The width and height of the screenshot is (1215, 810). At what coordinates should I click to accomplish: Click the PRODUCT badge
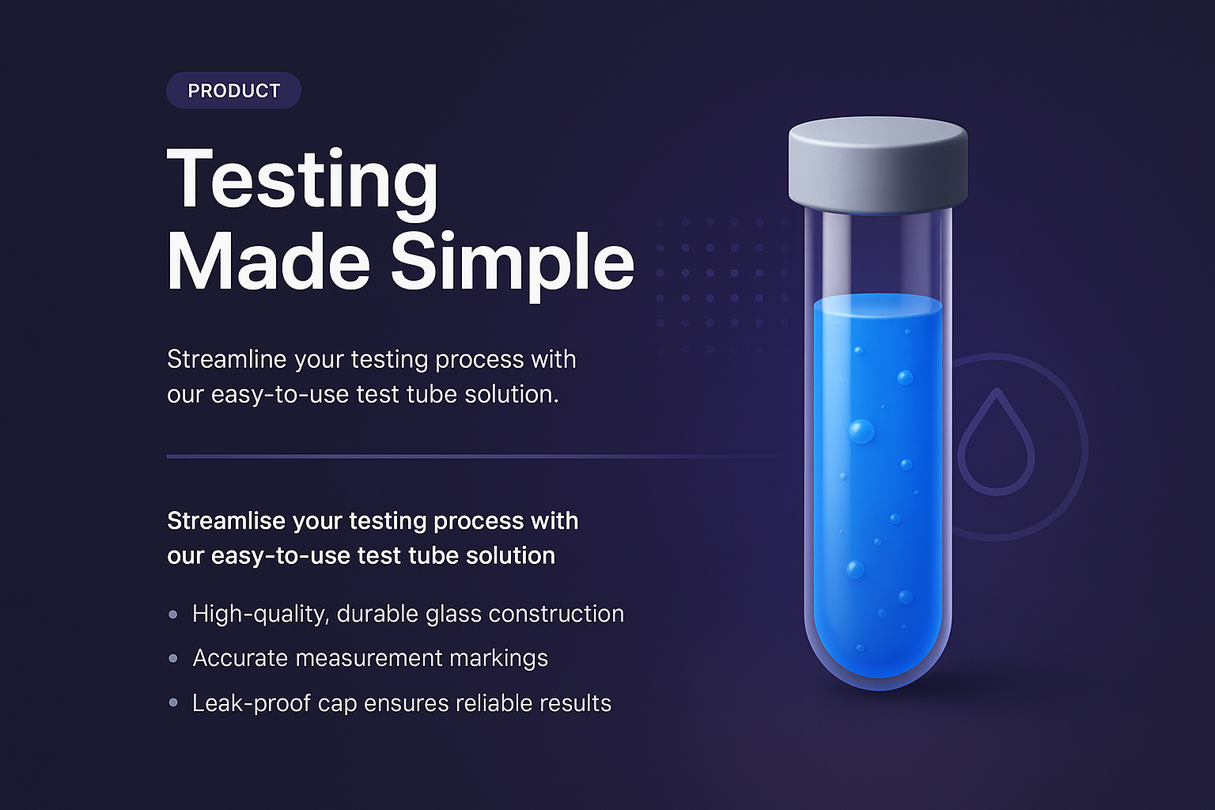tap(233, 91)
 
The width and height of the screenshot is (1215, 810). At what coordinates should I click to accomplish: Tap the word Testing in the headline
tap(302, 180)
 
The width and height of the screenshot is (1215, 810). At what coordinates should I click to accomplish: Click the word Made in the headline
tap(268, 263)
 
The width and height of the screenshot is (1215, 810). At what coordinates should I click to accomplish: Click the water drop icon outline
tap(996, 443)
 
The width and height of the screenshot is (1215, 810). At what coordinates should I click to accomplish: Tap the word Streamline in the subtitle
tap(226, 360)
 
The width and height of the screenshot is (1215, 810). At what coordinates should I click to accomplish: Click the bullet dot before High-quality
tap(173, 615)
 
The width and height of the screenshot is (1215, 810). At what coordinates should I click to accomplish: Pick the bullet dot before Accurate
tap(173, 658)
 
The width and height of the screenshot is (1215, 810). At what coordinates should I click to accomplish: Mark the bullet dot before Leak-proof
tap(173, 702)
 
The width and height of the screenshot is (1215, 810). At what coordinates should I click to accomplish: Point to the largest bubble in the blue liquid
tap(861, 432)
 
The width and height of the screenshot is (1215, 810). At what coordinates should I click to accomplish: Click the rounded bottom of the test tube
tap(877, 664)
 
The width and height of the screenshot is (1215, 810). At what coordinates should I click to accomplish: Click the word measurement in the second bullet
tap(367, 658)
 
